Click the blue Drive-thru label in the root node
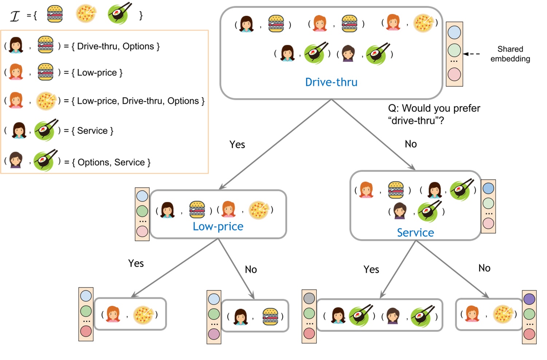(331, 82)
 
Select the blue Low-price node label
(218, 227)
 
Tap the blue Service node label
(415, 233)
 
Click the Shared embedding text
(510, 54)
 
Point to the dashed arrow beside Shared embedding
(472, 54)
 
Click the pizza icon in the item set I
(86, 14)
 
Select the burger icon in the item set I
(55, 14)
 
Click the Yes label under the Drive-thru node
(237, 145)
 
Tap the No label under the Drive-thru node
(410, 144)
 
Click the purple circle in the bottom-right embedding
(529, 300)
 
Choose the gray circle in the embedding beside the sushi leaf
(309, 298)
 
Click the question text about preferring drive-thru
(434, 114)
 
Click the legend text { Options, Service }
(111, 163)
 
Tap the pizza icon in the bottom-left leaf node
(143, 315)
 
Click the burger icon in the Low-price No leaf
(270, 316)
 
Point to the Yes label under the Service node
(371, 270)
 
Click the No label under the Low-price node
(251, 270)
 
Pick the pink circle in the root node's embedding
(454, 74)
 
